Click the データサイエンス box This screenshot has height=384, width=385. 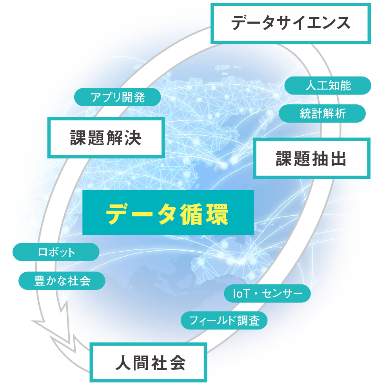[x=291, y=23]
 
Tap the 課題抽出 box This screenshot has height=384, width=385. [x=311, y=159]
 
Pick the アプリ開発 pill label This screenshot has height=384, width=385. [x=118, y=97]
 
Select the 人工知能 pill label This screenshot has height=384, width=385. [x=328, y=86]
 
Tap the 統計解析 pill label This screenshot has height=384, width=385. [x=322, y=114]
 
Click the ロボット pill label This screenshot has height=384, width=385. [x=56, y=252]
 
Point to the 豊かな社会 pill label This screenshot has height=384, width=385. [x=62, y=281]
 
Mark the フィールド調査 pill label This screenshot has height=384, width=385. [x=224, y=320]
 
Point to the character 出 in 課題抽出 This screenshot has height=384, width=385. [x=338, y=159]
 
